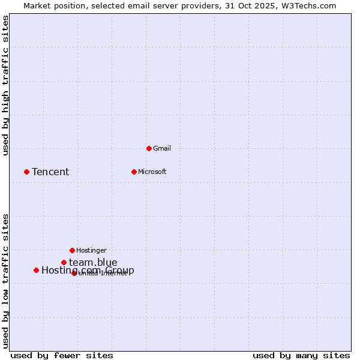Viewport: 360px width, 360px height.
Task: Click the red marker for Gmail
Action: (x=149, y=148)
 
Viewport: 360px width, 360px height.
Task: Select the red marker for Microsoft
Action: (x=134, y=172)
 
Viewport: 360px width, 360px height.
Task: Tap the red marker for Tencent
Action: (x=26, y=172)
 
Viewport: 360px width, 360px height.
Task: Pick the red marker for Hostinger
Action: (x=72, y=250)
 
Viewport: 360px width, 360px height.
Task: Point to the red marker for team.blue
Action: (x=64, y=262)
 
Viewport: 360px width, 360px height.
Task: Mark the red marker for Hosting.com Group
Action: (x=36, y=270)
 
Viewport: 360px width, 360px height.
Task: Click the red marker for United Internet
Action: (x=74, y=273)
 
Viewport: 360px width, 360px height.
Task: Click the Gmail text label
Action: (x=162, y=148)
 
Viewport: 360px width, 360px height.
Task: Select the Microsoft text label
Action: (x=152, y=172)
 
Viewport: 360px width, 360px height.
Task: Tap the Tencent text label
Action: (x=50, y=172)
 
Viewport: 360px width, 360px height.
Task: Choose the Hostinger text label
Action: (x=91, y=250)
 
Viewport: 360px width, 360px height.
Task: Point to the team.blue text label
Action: (x=93, y=262)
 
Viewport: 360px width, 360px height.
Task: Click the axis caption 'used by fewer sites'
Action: (x=62, y=356)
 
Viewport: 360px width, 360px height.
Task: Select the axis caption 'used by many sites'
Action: (x=301, y=356)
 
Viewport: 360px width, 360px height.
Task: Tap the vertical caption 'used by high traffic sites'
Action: (x=6, y=85)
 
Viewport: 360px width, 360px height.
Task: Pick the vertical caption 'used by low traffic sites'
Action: (x=6, y=281)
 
